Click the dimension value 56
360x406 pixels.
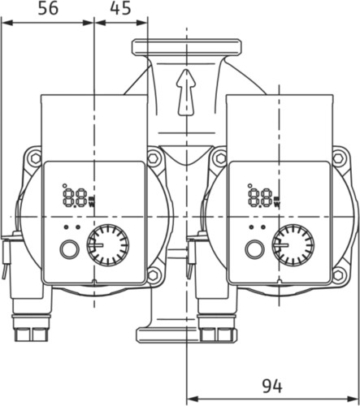coord(48,8)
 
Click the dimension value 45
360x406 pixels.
coord(120,8)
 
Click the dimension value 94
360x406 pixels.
coord(272,386)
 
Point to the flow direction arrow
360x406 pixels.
coord(186,93)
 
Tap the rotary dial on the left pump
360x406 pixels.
coord(108,245)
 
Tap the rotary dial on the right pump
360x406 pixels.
coord(293,245)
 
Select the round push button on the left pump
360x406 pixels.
coord(69,249)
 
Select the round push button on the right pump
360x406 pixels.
coord(254,249)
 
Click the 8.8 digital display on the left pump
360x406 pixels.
coord(76,198)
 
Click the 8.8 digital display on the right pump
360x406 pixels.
coord(261,198)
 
